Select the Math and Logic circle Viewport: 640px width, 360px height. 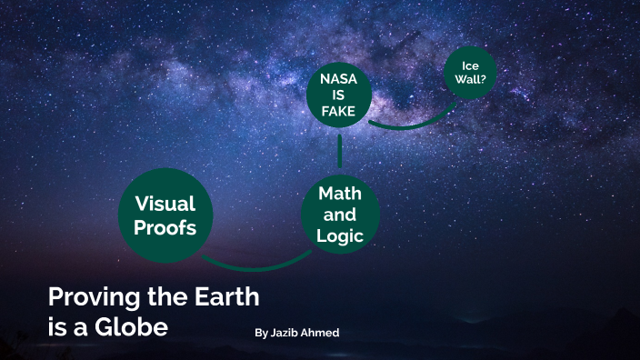coord(340,215)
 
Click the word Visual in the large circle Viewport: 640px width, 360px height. coord(165,203)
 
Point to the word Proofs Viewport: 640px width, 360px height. coord(165,227)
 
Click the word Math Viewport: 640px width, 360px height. coord(340,194)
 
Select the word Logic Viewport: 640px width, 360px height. coord(340,236)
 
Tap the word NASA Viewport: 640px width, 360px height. coord(338,79)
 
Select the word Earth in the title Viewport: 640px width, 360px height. coord(225,296)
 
